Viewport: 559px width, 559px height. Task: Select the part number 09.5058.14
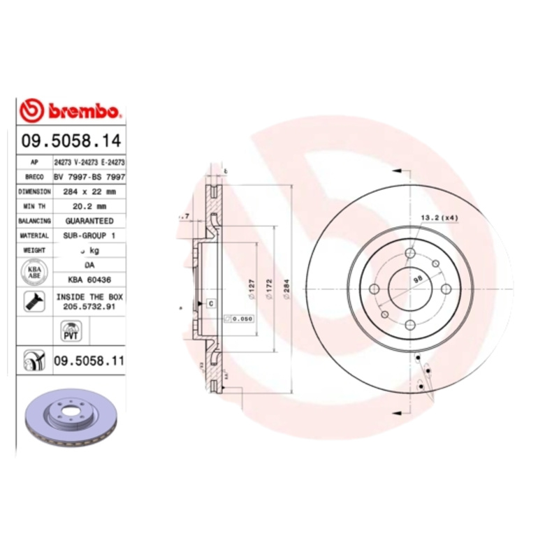(71, 140)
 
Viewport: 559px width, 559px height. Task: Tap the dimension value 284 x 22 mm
(89, 191)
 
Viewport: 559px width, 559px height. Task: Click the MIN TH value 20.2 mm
(89, 206)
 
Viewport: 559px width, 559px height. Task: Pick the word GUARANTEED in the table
(89, 221)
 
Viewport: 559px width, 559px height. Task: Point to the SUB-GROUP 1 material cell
(89, 235)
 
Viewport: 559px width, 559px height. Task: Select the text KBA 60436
(89, 279)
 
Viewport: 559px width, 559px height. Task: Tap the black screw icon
(32, 301)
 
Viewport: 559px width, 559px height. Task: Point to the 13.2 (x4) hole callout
(439, 218)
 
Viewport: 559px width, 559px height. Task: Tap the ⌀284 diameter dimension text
(286, 286)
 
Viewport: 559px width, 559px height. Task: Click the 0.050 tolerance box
(238, 319)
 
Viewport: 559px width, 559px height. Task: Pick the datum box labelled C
(210, 303)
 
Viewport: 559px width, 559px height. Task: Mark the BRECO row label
(34, 177)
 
